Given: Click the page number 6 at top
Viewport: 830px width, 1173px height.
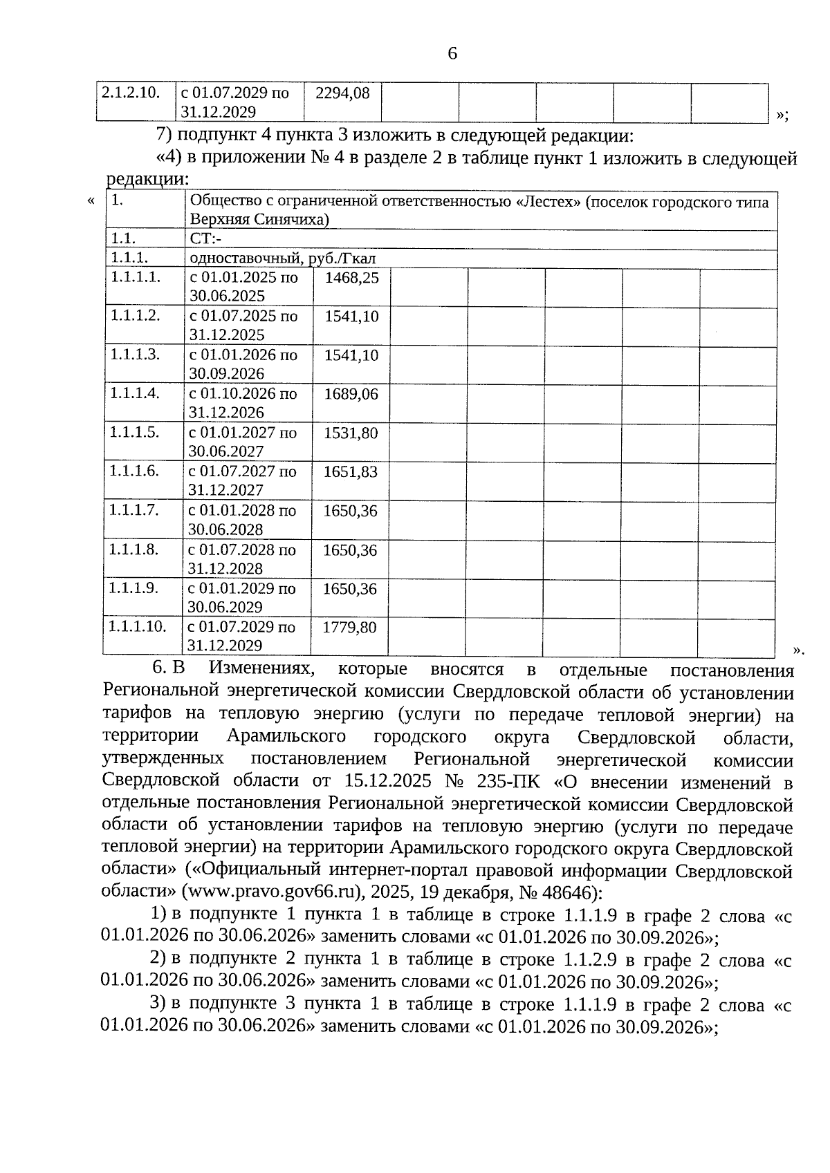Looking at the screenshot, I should pyautogui.click(x=452, y=53).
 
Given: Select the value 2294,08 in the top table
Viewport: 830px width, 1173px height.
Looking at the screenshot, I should pyautogui.click(x=342, y=93).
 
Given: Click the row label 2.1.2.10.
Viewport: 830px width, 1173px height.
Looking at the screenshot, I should pyautogui.click(x=131, y=93).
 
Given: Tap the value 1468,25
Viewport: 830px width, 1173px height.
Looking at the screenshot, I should pyautogui.click(x=352, y=278).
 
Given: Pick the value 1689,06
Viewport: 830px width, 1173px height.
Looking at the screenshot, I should pyautogui.click(x=351, y=395).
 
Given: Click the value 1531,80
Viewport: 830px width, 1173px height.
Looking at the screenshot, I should pyautogui.click(x=351, y=433).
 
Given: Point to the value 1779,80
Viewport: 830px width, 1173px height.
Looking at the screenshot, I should pyautogui.click(x=349, y=628).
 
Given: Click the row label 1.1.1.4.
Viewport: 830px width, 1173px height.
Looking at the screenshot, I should pyautogui.click(x=135, y=394).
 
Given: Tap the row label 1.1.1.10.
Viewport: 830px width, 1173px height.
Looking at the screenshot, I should pyautogui.click(x=138, y=627).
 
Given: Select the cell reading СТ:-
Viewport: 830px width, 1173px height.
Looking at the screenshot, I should pyautogui.click(x=205, y=239).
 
